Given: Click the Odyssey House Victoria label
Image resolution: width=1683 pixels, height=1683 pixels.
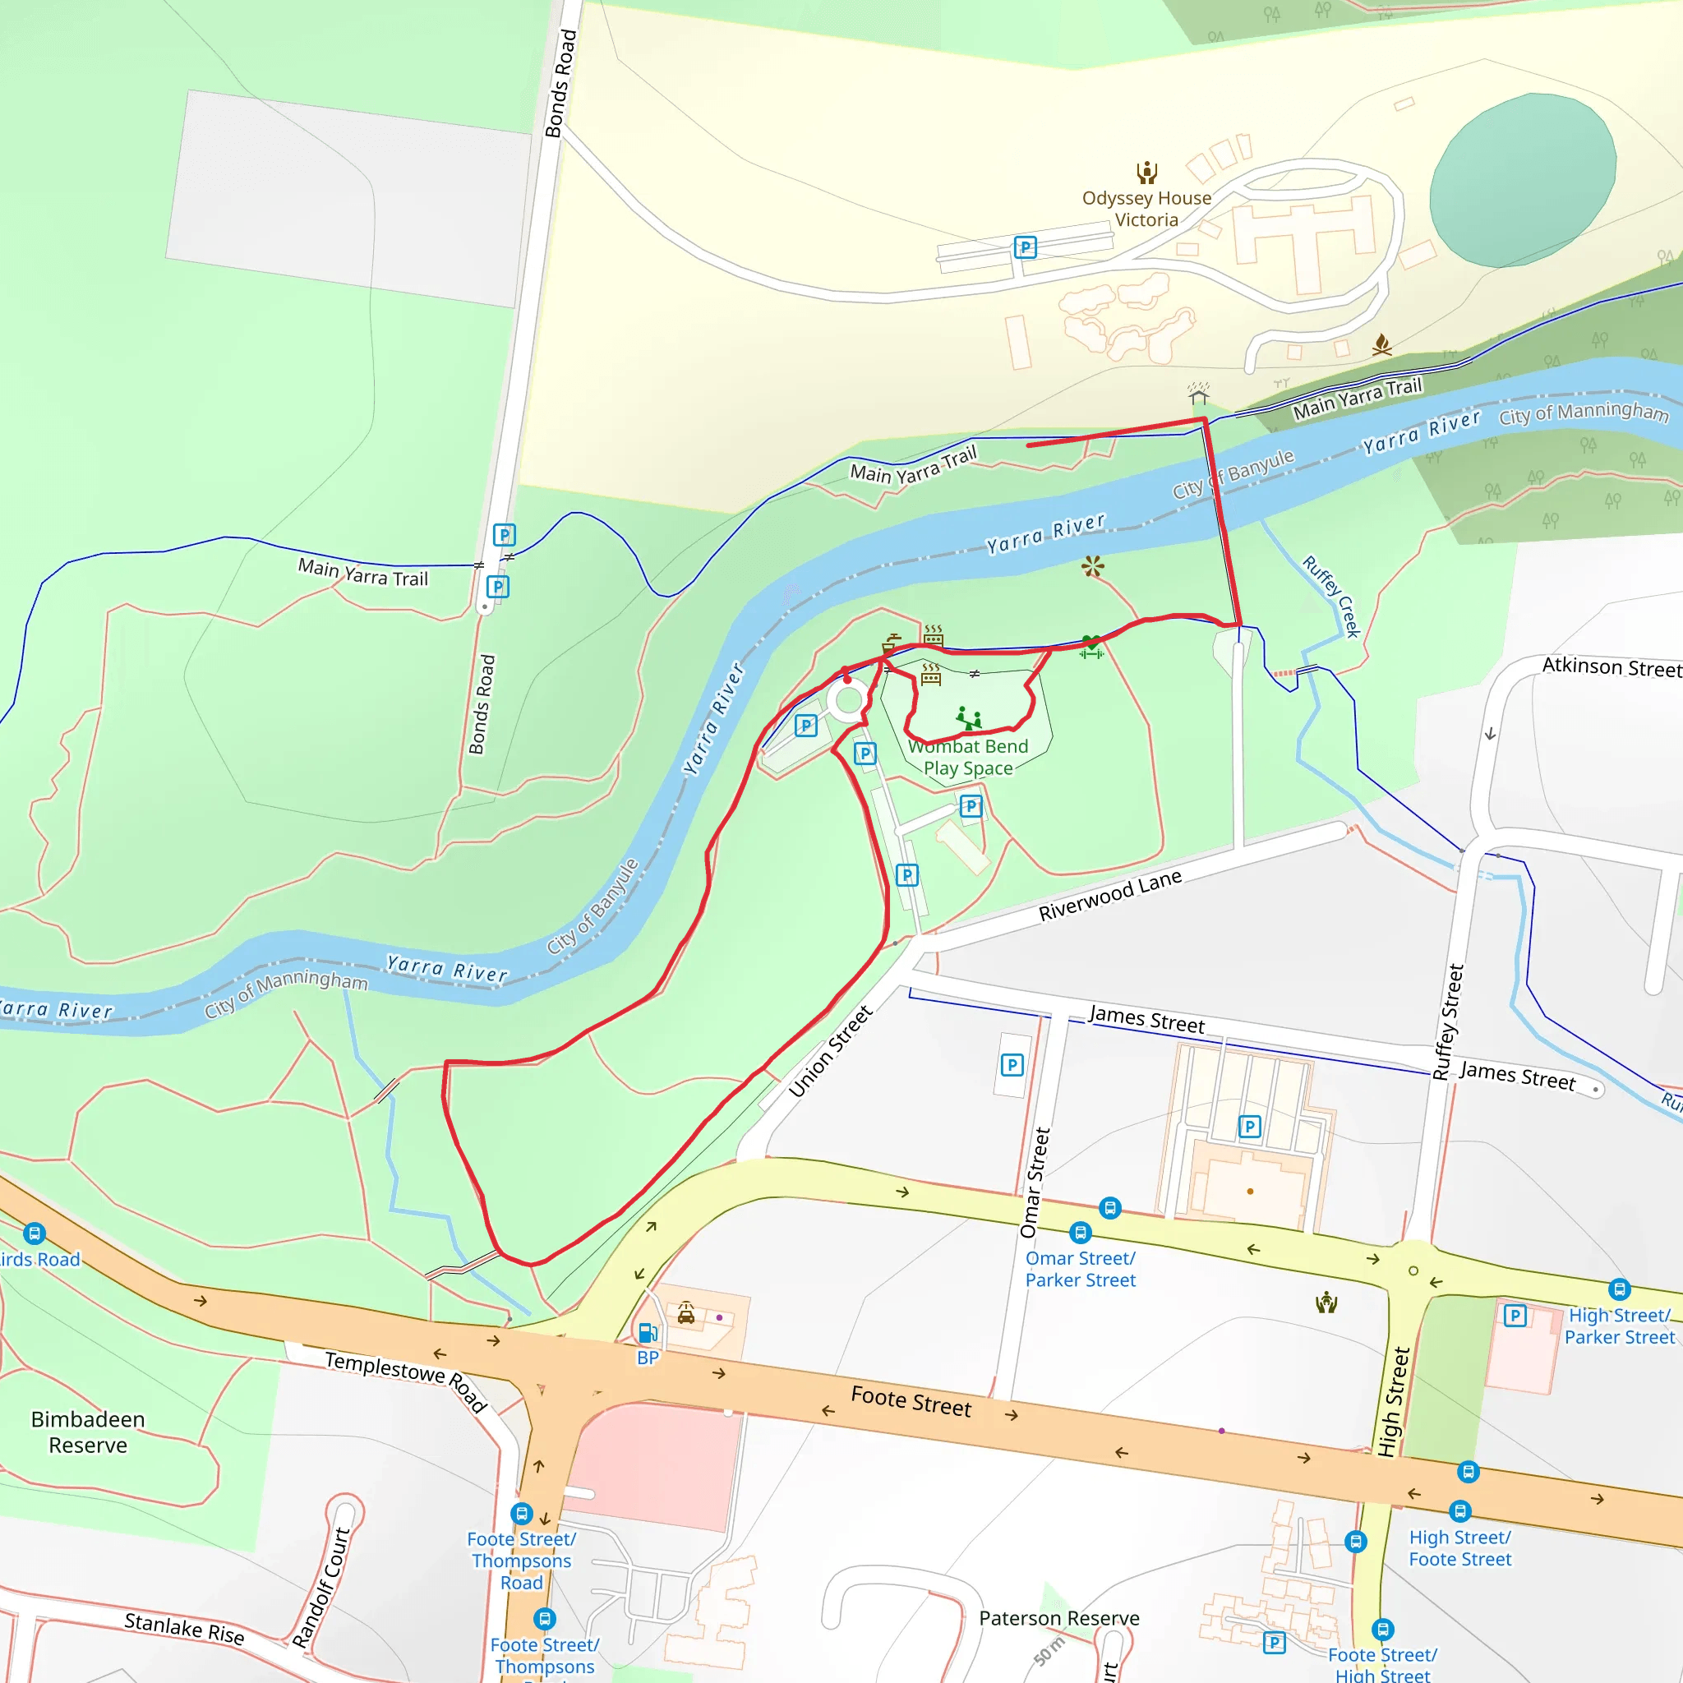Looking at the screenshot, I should click(x=1146, y=209).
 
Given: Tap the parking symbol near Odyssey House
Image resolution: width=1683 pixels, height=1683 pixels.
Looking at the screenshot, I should click(x=1026, y=247).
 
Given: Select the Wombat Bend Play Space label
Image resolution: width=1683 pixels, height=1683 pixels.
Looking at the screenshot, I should click(x=968, y=757).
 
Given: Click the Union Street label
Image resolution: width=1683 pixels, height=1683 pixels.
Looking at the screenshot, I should click(x=830, y=1051).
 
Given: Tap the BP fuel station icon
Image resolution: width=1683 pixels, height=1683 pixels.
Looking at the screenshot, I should click(x=648, y=1334).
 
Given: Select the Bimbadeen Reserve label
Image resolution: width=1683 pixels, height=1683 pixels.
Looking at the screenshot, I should click(x=88, y=1432).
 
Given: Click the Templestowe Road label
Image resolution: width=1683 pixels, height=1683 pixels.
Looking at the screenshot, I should click(x=406, y=1380).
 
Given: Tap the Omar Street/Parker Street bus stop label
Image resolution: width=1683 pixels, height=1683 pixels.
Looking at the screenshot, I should click(x=1080, y=1269).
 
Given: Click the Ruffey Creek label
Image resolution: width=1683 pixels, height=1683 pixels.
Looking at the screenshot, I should click(x=1331, y=597).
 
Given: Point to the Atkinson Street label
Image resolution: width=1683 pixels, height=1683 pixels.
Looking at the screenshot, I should click(x=1611, y=667).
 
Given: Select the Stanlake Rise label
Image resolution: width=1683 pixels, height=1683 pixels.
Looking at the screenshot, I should click(x=184, y=1628).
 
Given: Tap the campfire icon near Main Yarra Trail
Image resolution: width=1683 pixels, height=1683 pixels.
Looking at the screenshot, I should click(x=1381, y=345).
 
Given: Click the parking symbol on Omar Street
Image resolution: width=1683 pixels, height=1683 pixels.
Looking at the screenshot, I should click(x=1012, y=1064).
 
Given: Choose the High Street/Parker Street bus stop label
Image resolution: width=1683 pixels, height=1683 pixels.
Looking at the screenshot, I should click(x=1620, y=1326).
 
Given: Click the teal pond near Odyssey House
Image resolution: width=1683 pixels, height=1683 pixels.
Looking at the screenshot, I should click(x=1522, y=180).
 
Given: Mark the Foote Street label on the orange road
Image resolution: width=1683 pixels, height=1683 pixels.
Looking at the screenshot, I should click(x=911, y=1401).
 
